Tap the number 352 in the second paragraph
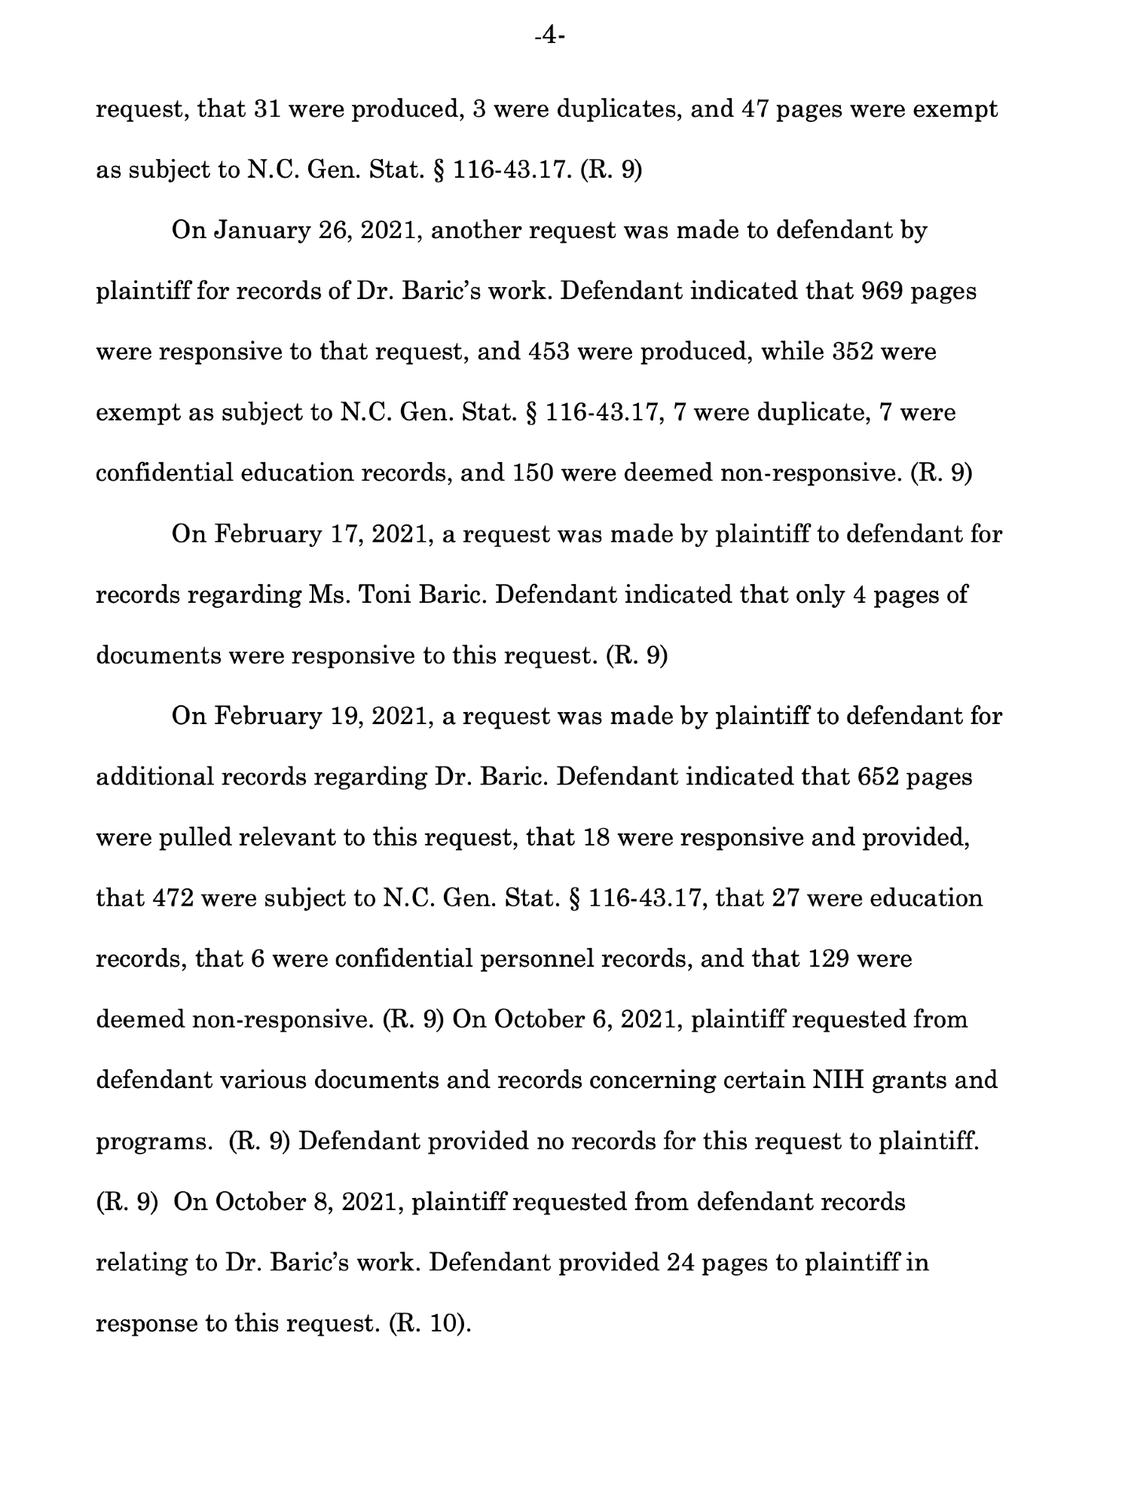point(857,352)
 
